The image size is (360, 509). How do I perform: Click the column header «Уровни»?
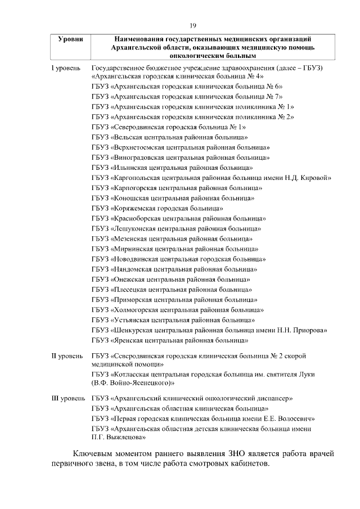(x=71, y=39)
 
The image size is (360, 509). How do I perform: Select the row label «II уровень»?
(x=68, y=356)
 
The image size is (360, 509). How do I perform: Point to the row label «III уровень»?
(x=69, y=398)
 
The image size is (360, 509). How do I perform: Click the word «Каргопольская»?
(x=137, y=178)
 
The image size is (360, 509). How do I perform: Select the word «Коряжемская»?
(x=135, y=208)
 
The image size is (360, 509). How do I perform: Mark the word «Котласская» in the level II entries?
(x=133, y=375)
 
